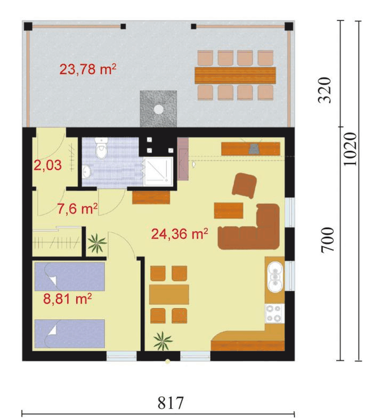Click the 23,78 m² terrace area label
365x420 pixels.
coord(88,69)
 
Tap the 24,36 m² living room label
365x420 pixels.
coord(179,234)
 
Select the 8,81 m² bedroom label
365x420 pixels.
coord(67,298)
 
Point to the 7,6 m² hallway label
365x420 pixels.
coord(77,209)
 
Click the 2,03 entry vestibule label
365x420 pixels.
coord(47,165)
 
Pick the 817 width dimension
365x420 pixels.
coord(171,403)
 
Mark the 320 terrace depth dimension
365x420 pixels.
coord(324,90)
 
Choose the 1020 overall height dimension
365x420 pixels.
coord(350,149)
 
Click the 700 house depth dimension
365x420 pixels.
coord(328,239)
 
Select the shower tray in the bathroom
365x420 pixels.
coord(158,172)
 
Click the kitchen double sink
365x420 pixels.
coord(275,277)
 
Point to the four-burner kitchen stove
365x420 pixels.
coord(274,314)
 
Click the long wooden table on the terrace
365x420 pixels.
coord(235,75)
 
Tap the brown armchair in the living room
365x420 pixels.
coord(244,185)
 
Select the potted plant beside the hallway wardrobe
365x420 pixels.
coord(96,243)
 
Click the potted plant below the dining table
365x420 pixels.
coord(163,341)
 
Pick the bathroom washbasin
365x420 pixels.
coord(87,172)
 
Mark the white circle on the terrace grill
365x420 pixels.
coord(159,109)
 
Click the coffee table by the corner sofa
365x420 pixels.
coord(228,210)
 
